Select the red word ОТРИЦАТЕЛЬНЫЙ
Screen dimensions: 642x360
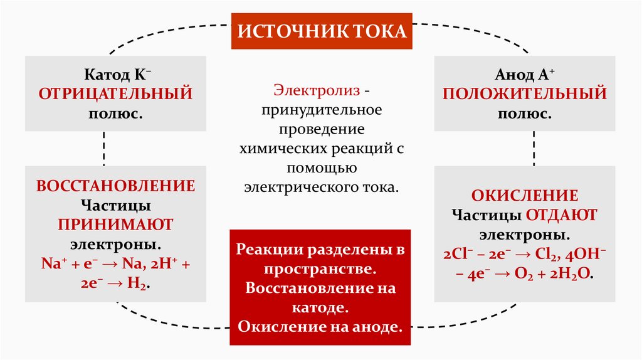tap(115, 94)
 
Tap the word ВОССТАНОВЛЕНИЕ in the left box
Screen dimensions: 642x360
tap(115, 186)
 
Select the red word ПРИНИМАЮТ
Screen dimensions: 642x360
tap(115, 224)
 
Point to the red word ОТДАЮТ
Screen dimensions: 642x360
tap(561, 215)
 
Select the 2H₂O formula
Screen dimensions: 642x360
tap(571, 275)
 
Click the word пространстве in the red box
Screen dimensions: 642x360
tap(320, 269)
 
